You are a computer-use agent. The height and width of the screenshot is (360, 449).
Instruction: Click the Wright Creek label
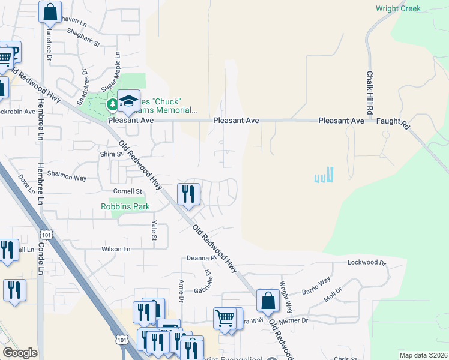(x=398, y=8)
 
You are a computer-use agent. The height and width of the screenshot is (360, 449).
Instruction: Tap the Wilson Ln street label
(x=116, y=249)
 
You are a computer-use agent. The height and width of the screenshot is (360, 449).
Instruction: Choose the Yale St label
(x=154, y=231)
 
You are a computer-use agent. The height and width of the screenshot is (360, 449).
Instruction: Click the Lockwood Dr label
(x=366, y=263)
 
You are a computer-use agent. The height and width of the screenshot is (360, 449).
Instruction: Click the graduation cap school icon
(x=128, y=101)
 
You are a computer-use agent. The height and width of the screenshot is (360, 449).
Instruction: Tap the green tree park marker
(x=112, y=105)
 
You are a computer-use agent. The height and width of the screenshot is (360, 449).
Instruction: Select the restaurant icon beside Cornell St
(x=188, y=193)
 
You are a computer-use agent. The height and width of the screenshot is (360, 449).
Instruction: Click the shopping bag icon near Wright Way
(x=268, y=300)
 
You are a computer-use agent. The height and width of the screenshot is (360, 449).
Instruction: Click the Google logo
(x=20, y=353)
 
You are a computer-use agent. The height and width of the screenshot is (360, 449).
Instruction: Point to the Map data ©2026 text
(x=423, y=355)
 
